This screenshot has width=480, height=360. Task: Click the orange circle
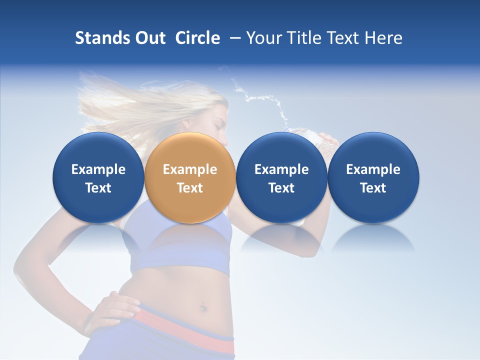click(189, 177)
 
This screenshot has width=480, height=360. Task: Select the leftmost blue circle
click(98, 177)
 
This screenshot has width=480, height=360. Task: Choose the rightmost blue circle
click(373, 177)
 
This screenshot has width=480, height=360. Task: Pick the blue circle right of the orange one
click(281, 177)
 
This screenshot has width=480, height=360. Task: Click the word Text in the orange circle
click(190, 188)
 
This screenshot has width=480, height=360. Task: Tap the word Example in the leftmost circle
click(98, 169)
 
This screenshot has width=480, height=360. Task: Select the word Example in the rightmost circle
click(373, 169)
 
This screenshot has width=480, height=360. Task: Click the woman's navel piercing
click(203, 306)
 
